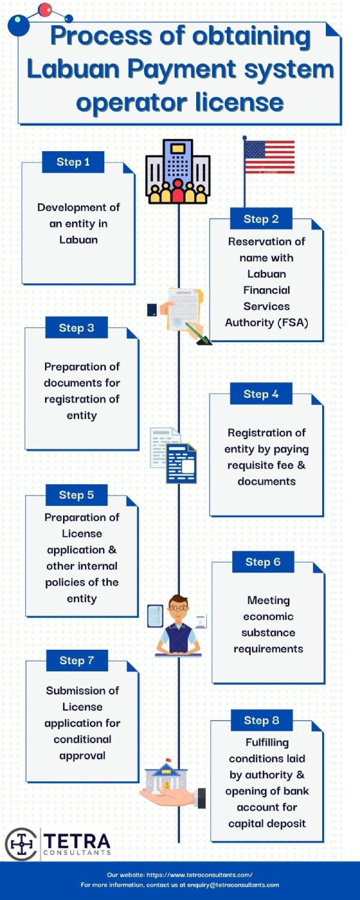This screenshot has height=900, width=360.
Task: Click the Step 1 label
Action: tap(73, 162)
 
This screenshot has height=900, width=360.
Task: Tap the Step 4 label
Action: tap(261, 394)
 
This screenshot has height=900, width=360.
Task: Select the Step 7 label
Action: tap(77, 660)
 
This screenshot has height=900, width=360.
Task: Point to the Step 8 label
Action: tap(262, 720)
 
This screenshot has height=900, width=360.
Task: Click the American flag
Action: tap(269, 157)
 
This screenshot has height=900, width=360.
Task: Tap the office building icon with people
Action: tap(178, 172)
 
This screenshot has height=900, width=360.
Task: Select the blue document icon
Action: tap(182, 463)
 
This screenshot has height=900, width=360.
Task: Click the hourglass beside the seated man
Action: tap(202, 621)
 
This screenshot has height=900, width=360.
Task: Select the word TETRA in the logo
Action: tap(77, 841)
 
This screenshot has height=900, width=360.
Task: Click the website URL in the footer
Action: tap(199, 875)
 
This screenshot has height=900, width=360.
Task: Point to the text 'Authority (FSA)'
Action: tap(266, 323)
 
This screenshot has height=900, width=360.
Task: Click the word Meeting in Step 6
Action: tap(268, 600)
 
